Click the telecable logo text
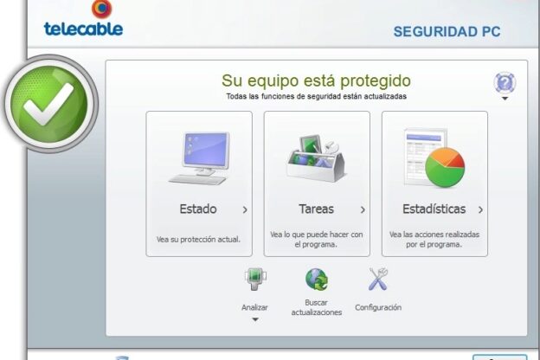(83, 29)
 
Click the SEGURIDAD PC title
(447, 32)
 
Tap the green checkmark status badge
(51, 104)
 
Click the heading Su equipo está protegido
(316, 81)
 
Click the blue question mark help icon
(505, 83)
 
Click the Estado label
(198, 209)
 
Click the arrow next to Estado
(245, 209)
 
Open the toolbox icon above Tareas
(316, 157)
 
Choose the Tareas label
(316, 209)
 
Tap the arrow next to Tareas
(363, 209)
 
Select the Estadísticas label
(434, 209)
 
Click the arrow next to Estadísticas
(480, 209)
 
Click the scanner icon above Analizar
(255, 279)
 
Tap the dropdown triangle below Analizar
(255, 319)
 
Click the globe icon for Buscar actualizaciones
(317, 279)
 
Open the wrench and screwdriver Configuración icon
(378, 279)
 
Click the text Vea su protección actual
(198, 239)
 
